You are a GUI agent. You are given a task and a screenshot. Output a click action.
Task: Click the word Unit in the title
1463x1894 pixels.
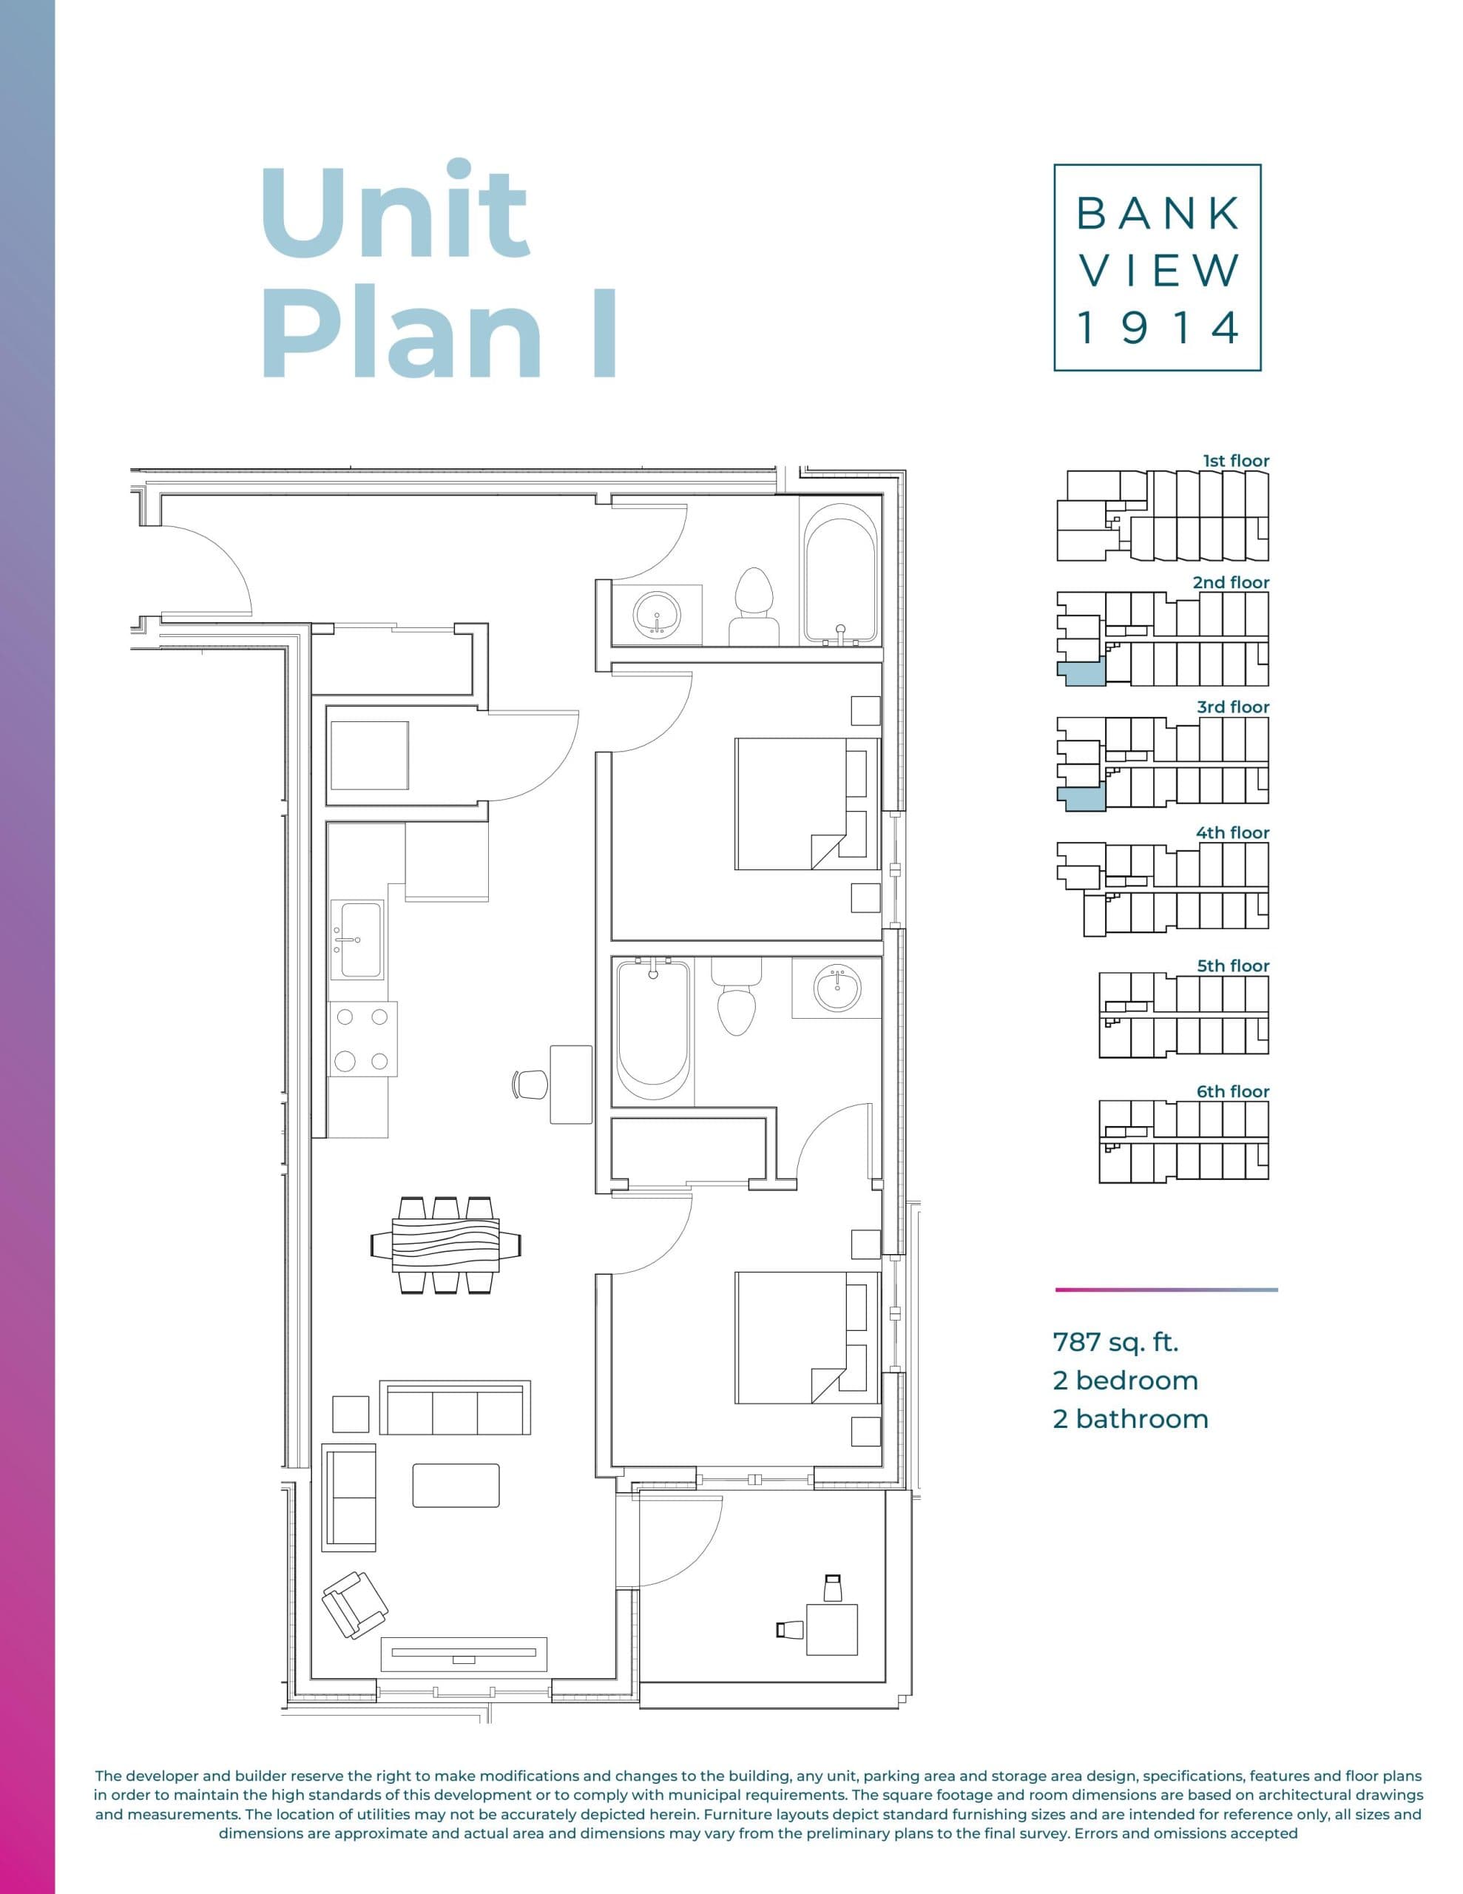394,212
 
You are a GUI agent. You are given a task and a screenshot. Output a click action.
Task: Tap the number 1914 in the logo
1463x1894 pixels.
1157,328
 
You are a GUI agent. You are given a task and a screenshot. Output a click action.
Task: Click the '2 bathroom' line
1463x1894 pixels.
1130,1419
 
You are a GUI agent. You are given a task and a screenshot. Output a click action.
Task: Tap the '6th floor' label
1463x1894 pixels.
1232,1091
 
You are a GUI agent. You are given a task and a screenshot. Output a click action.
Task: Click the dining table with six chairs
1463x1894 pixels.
446,1245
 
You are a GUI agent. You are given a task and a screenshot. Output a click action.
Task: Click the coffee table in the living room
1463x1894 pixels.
456,1486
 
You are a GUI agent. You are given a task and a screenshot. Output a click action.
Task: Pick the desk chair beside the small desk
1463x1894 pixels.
531,1084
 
